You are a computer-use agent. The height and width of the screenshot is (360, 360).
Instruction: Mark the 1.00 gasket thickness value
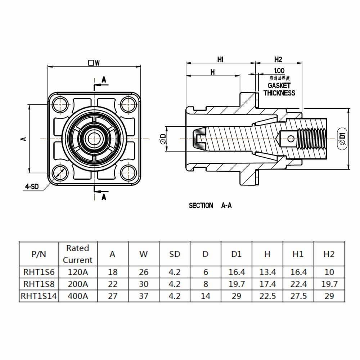(x=279, y=71)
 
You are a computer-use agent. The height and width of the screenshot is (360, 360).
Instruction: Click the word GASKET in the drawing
(x=279, y=86)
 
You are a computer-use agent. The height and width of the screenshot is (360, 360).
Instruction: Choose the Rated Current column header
(x=78, y=254)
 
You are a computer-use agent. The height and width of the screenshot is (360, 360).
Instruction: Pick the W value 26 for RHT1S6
(x=143, y=272)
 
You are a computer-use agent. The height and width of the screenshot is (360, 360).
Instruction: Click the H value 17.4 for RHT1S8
(x=267, y=284)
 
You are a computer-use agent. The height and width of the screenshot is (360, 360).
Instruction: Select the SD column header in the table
(x=174, y=254)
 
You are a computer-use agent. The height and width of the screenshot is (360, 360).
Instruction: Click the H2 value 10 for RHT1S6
(x=329, y=272)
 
